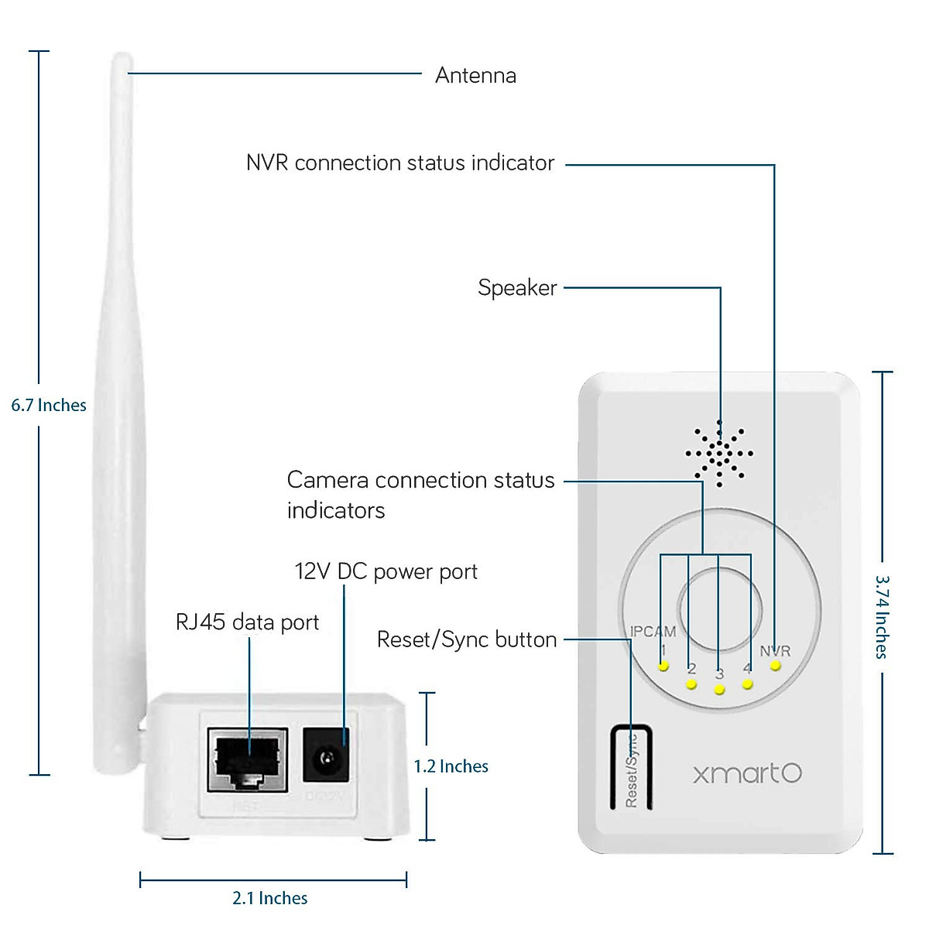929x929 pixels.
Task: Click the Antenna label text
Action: pos(475,76)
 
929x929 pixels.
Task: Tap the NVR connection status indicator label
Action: pos(400,163)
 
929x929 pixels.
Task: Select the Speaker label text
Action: pos(517,288)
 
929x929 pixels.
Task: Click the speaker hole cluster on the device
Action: pos(719,454)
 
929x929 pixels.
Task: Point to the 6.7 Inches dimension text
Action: pos(49,406)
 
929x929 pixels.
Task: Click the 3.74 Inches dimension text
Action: pos(882,616)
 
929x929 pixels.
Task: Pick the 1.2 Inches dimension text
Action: pos(451,766)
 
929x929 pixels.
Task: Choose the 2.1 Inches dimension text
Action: pos(270,898)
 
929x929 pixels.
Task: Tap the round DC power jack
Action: pos(325,755)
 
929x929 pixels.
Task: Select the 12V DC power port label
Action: pos(386,572)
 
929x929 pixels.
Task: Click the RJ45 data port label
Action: pos(247,622)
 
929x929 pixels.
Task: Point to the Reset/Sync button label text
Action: pos(467,640)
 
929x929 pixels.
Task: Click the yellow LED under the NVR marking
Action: pos(776,666)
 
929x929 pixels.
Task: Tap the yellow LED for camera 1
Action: pos(663,667)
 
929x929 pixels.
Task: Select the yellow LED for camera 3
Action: pos(719,690)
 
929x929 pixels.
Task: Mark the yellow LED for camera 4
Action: pos(747,684)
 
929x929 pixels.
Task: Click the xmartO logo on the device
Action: pos(747,773)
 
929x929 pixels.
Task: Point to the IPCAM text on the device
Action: pos(653,632)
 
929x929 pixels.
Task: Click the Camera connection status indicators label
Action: pos(420,495)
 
